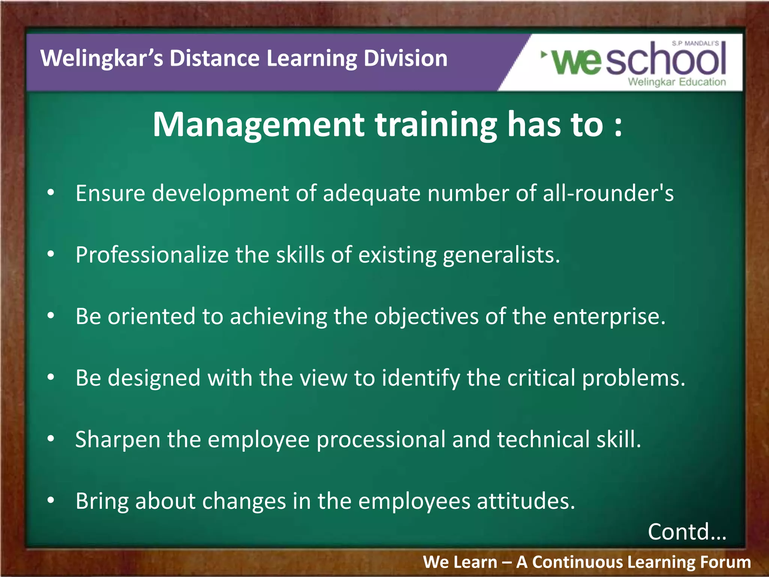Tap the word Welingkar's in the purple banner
tap(101, 59)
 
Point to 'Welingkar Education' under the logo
tap(677, 82)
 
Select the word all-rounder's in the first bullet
tap(608, 193)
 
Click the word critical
tap(541, 378)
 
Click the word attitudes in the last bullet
tap(526, 501)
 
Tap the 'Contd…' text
tap(687, 532)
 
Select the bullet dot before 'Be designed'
tap(51, 377)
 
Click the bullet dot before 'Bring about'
tap(51, 500)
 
